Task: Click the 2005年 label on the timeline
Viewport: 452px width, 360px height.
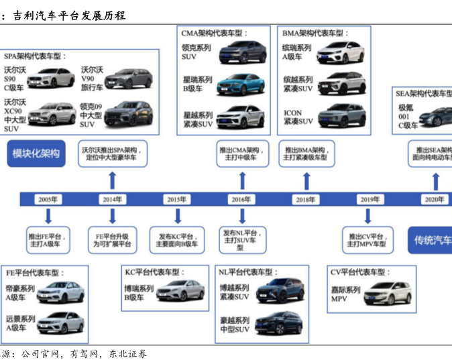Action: pyautogui.click(x=48, y=199)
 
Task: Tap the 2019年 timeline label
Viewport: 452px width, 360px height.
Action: pyautogui.click(x=370, y=199)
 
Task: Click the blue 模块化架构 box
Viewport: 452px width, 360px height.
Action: pyautogui.click(x=36, y=154)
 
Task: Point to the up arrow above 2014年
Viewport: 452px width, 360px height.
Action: pyautogui.click(x=112, y=180)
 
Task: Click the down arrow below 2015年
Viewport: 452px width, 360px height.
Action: pyautogui.click(x=178, y=216)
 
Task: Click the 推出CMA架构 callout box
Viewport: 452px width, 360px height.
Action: pyautogui.click(x=242, y=154)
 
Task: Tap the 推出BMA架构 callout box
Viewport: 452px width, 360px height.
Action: pyautogui.click(x=306, y=154)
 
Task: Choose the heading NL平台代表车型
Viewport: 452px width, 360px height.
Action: pyautogui.click(x=247, y=272)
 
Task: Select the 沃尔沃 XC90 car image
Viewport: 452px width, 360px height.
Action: pyautogui.click(x=52, y=113)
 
